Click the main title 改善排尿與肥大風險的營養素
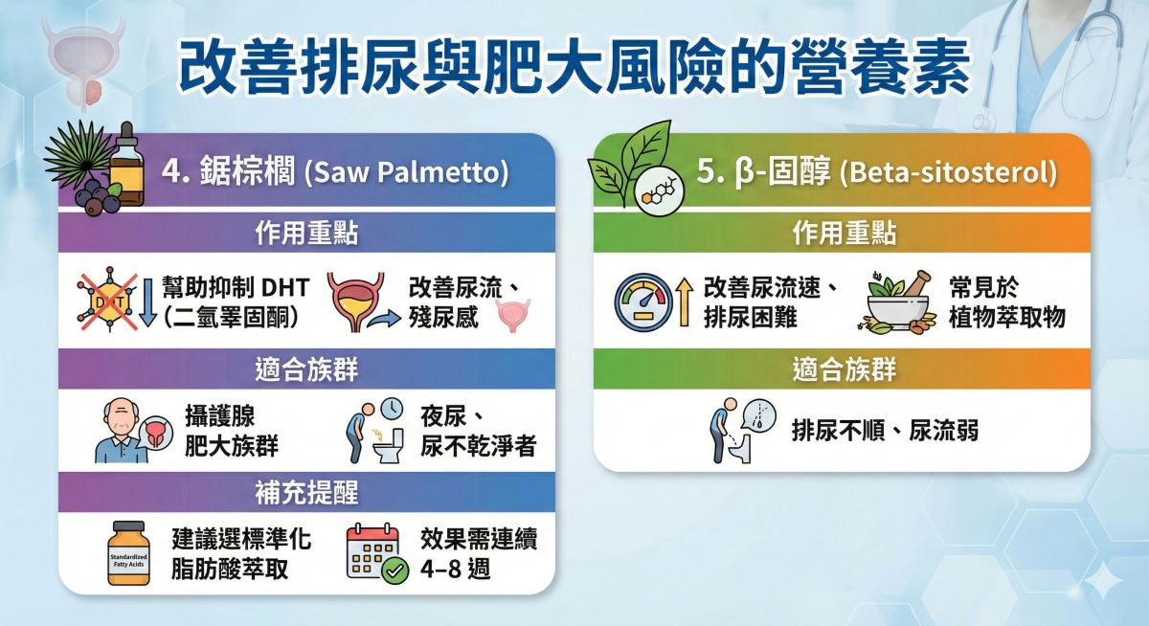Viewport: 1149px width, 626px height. point(574,68)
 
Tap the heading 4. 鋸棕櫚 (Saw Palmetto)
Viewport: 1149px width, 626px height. point(335,171)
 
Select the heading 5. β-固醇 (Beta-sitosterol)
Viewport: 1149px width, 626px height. point(877,171)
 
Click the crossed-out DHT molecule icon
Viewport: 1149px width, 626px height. point(107,299)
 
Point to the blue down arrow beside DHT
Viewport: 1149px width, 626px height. point(147,302)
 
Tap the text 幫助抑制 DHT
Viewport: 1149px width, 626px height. point(236,287)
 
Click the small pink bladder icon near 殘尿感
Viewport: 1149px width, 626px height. point(512,316)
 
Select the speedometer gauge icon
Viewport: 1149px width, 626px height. point(643,302)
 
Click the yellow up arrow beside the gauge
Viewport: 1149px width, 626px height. point(684,302)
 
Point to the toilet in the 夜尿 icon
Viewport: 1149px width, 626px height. point(389,447)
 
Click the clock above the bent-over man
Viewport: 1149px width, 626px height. point(392,410)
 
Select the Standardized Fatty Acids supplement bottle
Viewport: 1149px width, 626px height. point(128,553)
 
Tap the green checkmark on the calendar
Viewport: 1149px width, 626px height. point(394,570)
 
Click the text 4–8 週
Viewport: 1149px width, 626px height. point(456,569)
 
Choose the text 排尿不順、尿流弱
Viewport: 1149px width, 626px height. point(885,430)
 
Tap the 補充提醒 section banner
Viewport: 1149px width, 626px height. point(306,493)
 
